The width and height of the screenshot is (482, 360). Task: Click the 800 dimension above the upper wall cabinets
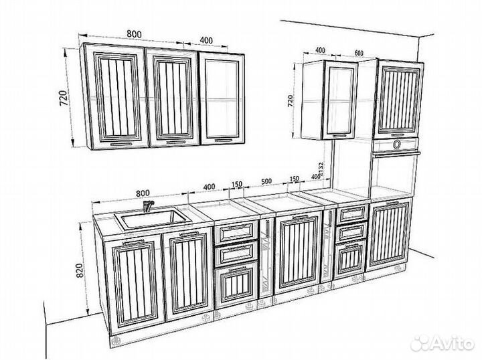(x=135, y=33)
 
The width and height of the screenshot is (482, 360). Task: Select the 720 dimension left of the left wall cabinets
(x=64, y=98)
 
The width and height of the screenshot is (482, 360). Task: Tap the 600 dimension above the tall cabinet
(x=359, y=53)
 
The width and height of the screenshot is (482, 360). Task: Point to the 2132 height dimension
(x=321, y=169)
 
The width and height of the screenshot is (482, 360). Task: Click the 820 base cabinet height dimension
(x=80, y=270)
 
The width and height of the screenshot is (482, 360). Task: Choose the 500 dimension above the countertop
(x=266, y=181)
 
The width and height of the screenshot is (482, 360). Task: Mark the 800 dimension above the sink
(x=143, y=193)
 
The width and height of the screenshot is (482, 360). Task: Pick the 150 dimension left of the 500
(x=237, y=184)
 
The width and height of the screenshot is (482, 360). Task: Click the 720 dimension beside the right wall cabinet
(x=290, y=101)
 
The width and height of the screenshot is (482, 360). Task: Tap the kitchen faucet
(x=149, y=206)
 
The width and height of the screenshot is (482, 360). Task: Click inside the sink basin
(x=152, y=218)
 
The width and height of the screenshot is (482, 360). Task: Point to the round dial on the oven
(x=397, y=144)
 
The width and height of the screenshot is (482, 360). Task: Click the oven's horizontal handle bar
(x=396, y=154)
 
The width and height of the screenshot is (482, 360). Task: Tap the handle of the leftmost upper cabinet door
(x=120, y=144)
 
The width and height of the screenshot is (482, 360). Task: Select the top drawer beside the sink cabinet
(x=236, y=232)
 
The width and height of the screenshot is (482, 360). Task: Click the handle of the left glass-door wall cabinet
(x=224, y=141)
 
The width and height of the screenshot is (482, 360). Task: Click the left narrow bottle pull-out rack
(x=266, y=258)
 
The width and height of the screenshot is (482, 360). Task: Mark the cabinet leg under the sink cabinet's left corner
(x=116, y=341)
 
